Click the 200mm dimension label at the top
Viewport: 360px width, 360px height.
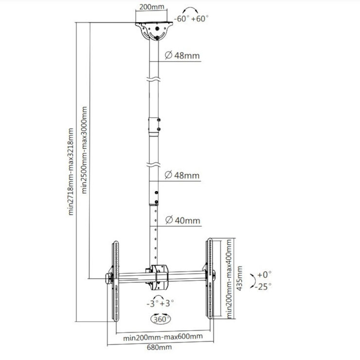(152, 7)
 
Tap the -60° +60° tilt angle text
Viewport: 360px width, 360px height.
(191, 18)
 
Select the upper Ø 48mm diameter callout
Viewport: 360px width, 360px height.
(182, 55)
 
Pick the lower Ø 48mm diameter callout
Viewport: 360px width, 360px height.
(182, 175)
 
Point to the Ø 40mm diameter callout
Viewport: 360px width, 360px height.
(183, 220)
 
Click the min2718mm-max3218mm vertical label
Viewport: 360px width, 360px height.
(71, 172)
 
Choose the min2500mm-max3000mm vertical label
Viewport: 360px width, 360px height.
(85, 150)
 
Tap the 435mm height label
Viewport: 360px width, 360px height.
(239, 278)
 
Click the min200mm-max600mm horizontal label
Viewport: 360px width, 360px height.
(163, 337)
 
